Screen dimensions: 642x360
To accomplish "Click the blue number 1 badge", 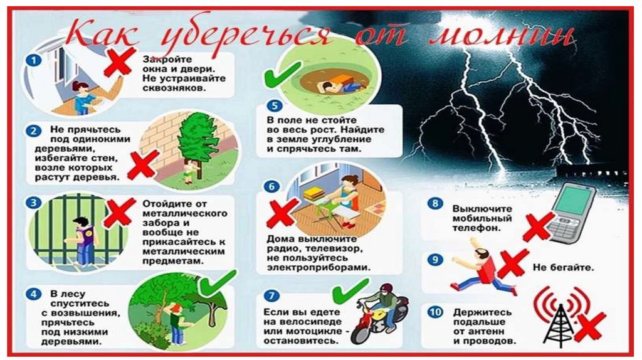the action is tap(34, 61).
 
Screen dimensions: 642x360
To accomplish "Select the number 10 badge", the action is tap(435, 312).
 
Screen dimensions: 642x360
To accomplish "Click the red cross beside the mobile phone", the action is tap(537, 226).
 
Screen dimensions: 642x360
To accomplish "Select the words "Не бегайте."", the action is tap(563, 268).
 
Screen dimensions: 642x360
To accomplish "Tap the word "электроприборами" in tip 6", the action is tap(318, 267).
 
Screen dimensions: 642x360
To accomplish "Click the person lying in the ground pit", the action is tap(340, 85).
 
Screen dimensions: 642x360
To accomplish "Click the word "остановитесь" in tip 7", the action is tap(300, 341).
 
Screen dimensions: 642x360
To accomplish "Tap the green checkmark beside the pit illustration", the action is tap(283, 74).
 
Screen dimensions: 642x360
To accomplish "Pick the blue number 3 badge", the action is tap(34, 203).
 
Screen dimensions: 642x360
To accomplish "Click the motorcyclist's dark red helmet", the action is tap(386, 289).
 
